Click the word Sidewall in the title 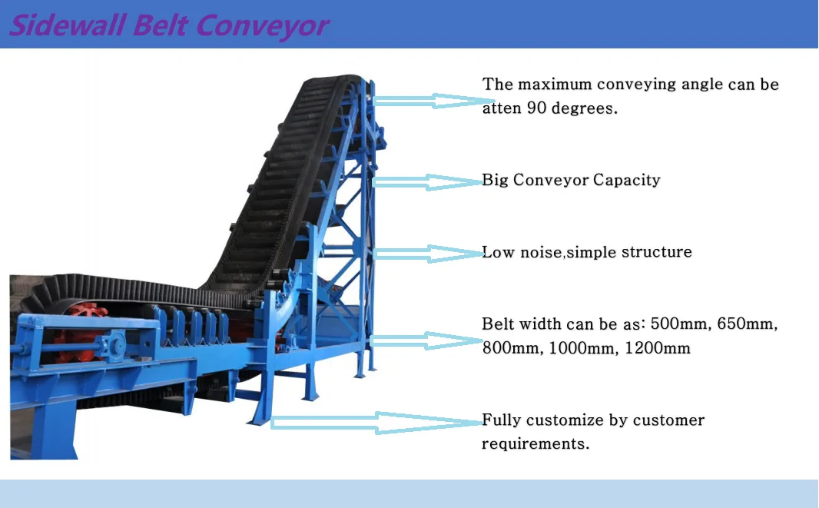(x=66, y=25)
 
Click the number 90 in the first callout (x=535, y=108)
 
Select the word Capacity (x=626, y=181)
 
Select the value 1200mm (x=658, y=349)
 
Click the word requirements (x=535, y=444)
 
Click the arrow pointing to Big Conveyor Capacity (x=426, y=182)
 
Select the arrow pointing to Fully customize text (x=376, y=422)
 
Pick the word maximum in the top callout (x=550, y=85)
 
